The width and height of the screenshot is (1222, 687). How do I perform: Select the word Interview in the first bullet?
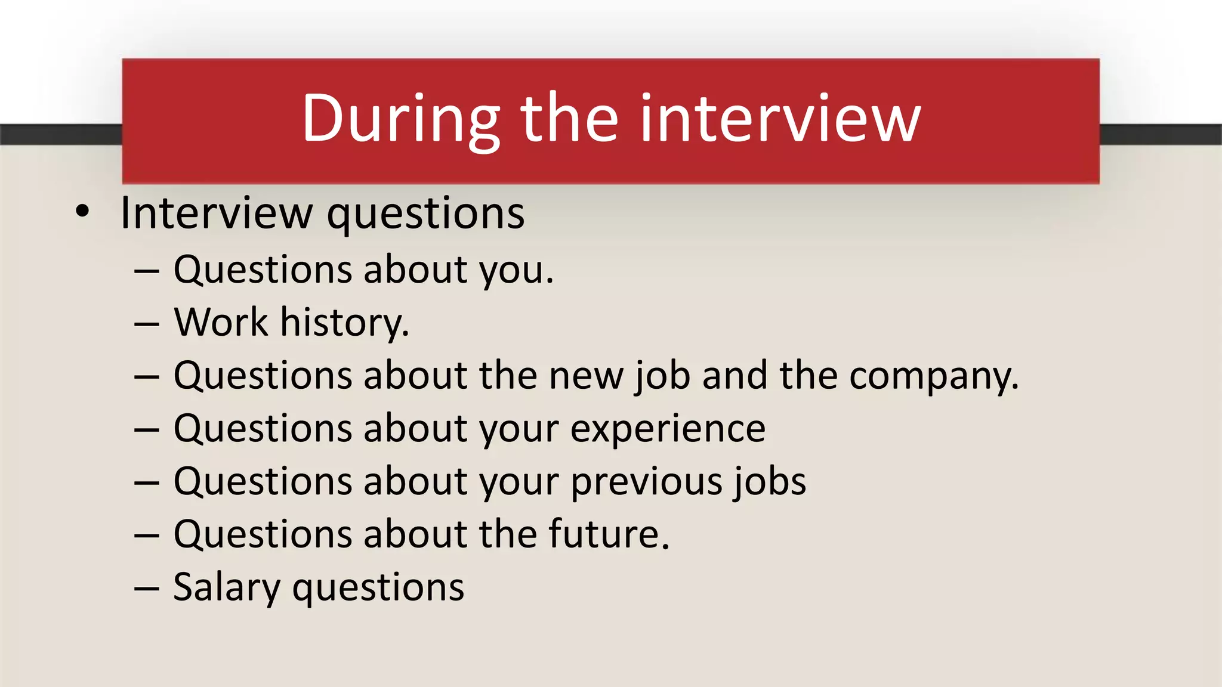pyautogui.click(x=216, y=213)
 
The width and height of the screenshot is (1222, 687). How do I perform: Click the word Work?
pyautogui.click(x=221, y=323)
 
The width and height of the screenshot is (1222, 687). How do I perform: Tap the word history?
pyautogui.click(x=345, y=324)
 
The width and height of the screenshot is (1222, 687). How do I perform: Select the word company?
pyautogui.click(x=934, y=377)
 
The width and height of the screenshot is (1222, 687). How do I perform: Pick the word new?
pyautogui.click(x=586, y=377)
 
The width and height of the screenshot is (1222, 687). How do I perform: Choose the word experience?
pyautogui.click(x=668, y=430)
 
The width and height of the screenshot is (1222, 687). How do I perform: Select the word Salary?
pyautogui.click(x=227, y=588)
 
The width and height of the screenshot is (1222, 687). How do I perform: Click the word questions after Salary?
pyautogui.click(x=378, y=588)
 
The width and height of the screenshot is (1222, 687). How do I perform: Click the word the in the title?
pyautogui.click(x=569, y=119)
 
